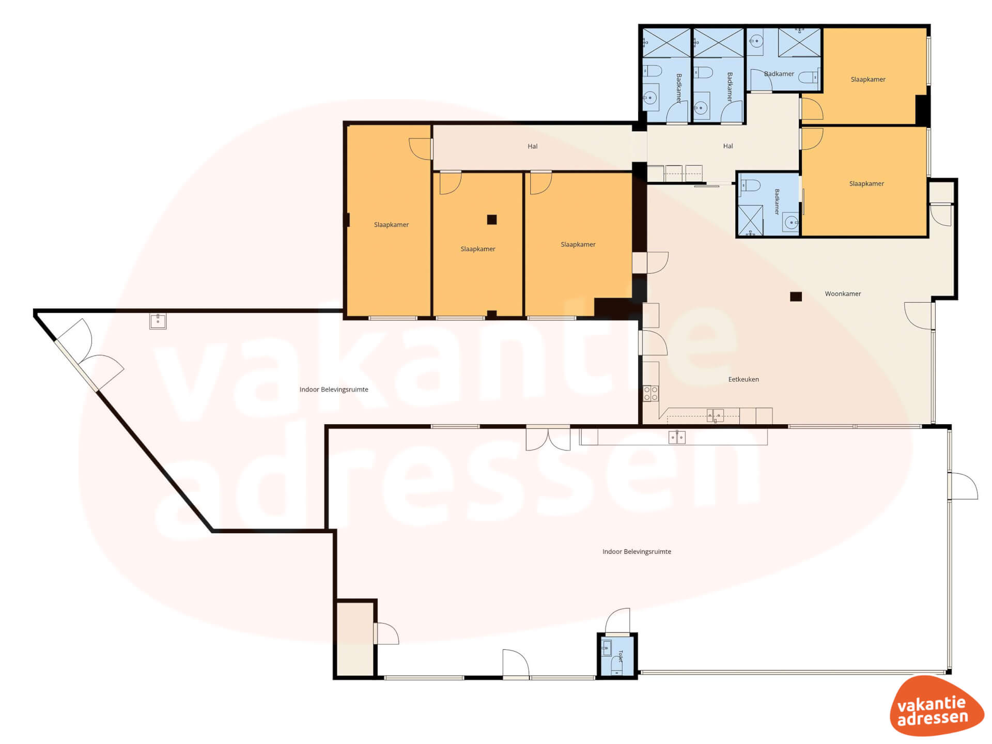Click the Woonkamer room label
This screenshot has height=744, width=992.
843,293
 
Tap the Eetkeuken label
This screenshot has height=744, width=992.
743,379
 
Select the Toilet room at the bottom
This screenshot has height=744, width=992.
617,656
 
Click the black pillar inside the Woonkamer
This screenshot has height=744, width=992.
796,297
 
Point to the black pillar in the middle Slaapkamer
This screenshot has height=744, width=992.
492,220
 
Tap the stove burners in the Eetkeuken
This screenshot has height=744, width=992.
651,393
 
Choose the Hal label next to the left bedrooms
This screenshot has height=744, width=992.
533,146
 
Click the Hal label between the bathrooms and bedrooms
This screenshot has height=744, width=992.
728,146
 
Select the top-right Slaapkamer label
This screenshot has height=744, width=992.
868,80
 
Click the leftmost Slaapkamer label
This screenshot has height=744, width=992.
391,225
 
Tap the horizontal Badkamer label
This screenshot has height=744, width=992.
779,74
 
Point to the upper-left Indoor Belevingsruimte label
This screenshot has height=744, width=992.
334,390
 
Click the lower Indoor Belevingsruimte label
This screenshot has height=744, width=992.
637,552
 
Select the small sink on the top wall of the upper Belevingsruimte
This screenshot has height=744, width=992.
158,321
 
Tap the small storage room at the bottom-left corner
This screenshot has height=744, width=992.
355,639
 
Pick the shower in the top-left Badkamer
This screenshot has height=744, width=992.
667,43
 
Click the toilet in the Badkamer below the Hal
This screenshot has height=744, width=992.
750,185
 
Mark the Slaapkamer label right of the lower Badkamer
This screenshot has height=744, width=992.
866,183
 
